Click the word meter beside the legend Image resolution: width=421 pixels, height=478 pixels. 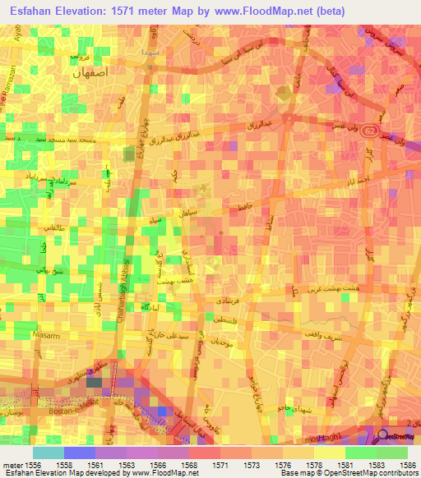point(14,466)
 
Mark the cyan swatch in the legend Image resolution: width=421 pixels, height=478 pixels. point(48,453)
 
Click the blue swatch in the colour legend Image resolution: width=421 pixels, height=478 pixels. point(79,453)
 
